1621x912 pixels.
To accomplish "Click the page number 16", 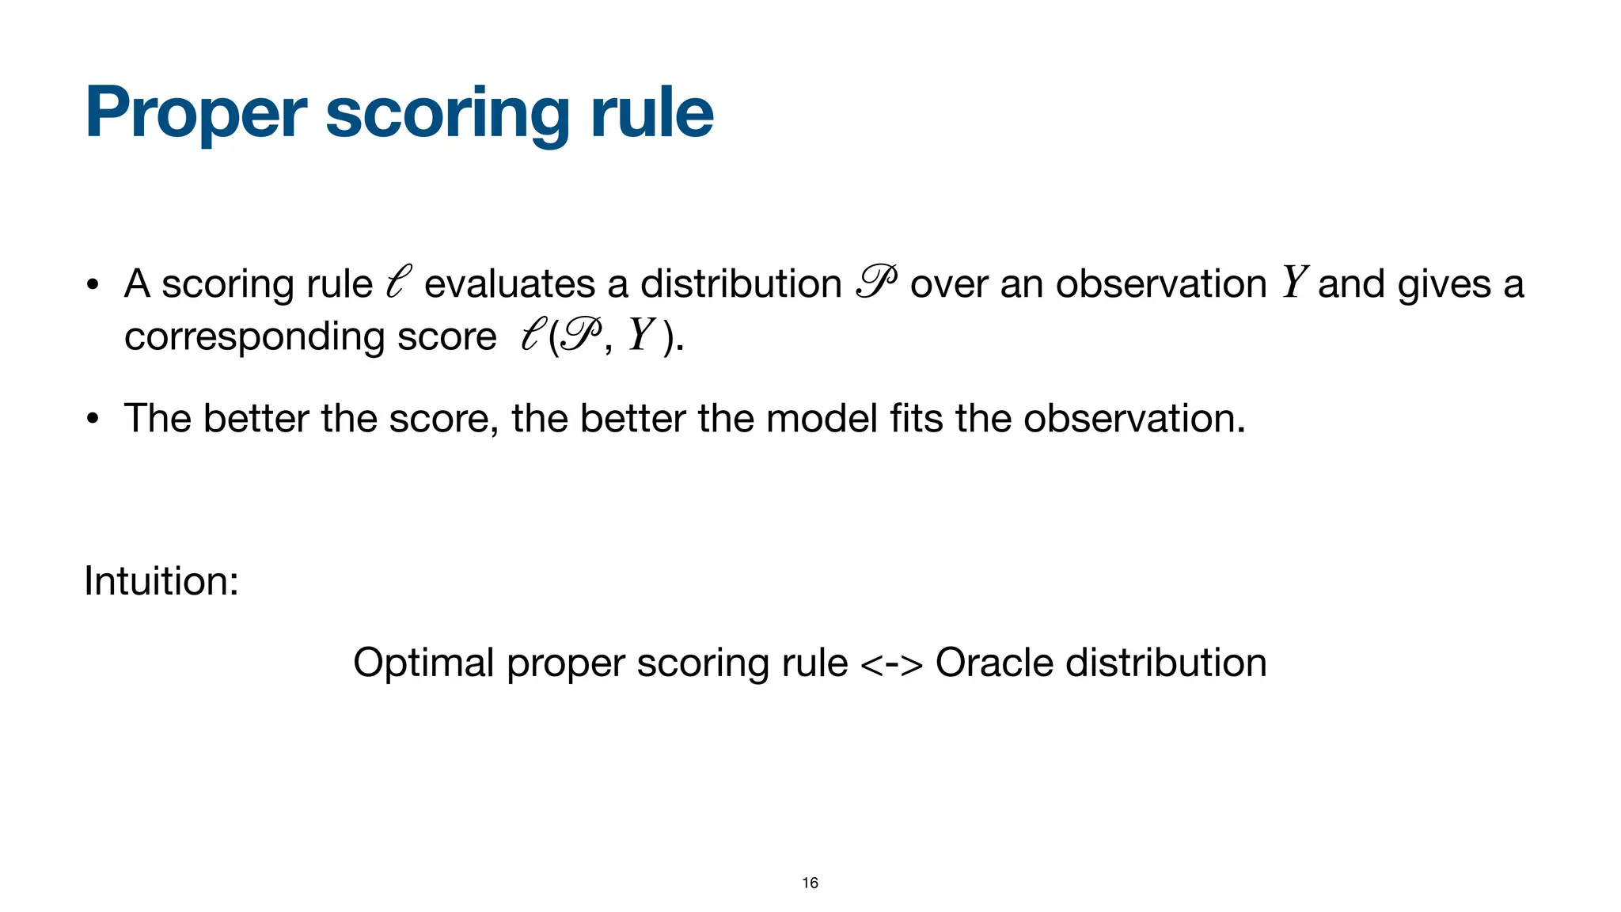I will tap(810, 883).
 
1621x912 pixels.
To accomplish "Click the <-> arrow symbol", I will tap(891, 664).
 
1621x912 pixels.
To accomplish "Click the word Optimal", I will tap(423, 663).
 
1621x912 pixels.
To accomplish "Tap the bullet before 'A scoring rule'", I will tap(93, 285).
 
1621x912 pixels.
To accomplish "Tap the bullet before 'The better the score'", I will tap(93, 420).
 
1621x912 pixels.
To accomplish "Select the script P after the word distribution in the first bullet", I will tap(876, 283).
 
